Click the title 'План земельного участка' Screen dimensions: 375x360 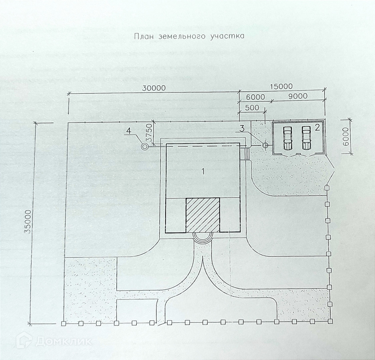coord(189,36)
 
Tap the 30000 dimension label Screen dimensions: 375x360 coord(154,88)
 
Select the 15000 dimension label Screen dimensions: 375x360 coord(281,86)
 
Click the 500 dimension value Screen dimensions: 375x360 coord(252,108)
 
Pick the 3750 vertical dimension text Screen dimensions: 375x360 coord(150,132)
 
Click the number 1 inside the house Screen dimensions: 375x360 coord(202,171)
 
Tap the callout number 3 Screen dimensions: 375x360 coord(242,128)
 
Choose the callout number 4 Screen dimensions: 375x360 coord(129,131)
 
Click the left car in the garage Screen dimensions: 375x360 coord(287,138)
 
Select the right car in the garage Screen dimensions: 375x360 coord(306,138)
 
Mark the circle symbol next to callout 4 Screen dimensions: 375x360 coord(145,146)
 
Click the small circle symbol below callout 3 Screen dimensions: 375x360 coord(265,145)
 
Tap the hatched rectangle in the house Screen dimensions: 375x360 coord(203,215)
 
